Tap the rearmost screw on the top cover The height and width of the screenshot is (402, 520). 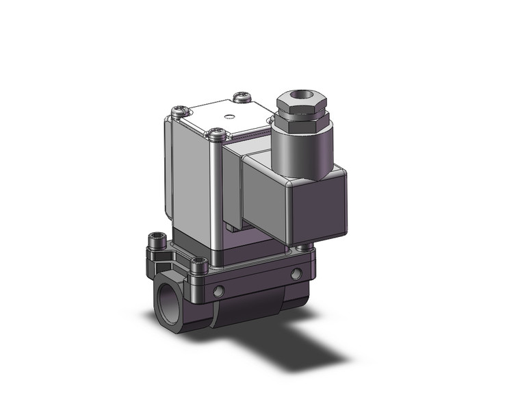pyautogui.click(x=239, y=96)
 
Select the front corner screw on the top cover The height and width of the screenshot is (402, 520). pyautogui.click(x=218, y=134)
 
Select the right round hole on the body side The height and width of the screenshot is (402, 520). pyautogui.click(x=296, y=273)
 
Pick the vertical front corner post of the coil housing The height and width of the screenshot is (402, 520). pyautogui.click(x=218, y=199)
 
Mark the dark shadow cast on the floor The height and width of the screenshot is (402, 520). pyautogui.click(x=308, y=342)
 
